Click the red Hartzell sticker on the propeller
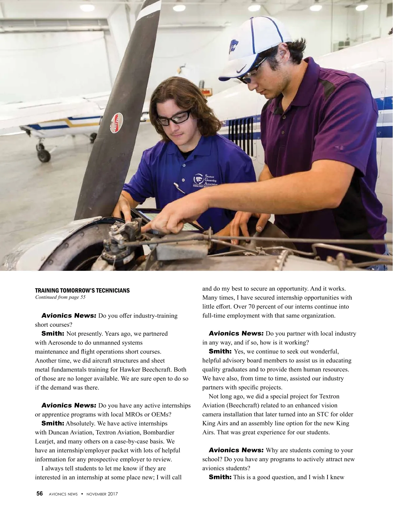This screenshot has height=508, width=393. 116,123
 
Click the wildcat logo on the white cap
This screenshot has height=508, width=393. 234,46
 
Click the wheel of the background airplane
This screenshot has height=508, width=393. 44,155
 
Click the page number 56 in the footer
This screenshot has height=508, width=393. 39,494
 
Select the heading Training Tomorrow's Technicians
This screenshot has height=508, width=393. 82,290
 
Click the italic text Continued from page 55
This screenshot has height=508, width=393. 60,297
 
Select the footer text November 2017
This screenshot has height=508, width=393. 102,494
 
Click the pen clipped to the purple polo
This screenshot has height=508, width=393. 179,188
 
